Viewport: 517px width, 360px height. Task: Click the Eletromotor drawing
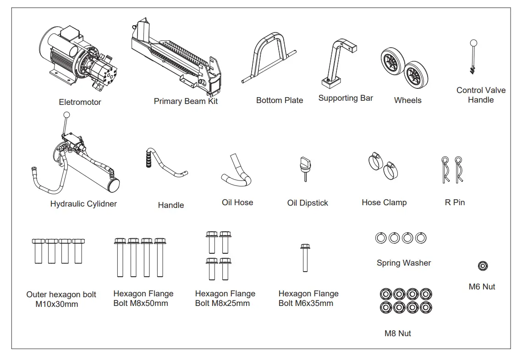[x=80, y=57]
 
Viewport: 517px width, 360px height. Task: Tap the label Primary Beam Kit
[x=186, y=101]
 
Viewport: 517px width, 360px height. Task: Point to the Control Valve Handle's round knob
[x=473, y=44]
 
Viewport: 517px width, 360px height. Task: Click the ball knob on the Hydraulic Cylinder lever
[x=67, y=115]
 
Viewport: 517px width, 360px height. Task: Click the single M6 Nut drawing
[x=483, y=266]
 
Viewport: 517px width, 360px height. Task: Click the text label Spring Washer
[x=404, y=263]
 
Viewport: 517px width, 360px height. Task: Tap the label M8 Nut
[x=397, y=333]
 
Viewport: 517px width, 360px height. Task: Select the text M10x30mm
[x=56, y=304]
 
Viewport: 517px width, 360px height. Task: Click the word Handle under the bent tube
[x=171, y=205]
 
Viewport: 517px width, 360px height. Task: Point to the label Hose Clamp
[x=384, y=202]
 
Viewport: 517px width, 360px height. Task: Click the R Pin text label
[x=455, y=202]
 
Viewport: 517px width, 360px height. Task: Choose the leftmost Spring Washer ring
[x=380, y=238]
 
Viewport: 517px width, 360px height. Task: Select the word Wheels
[x=407, y=100]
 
